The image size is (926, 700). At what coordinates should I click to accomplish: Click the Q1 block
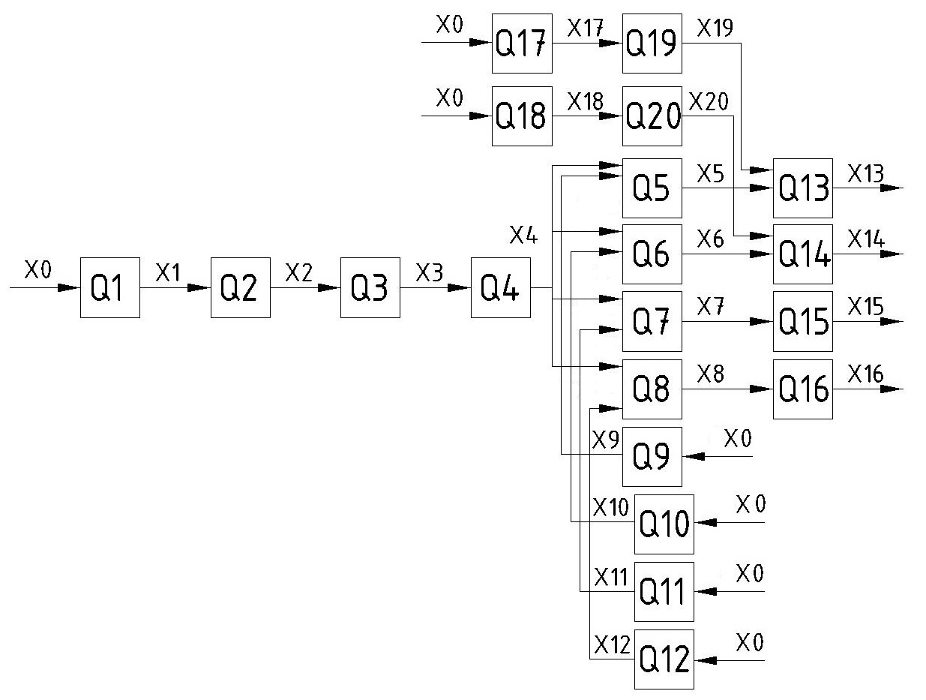coord(109,287)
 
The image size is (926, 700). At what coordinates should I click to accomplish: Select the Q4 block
coord(500,287)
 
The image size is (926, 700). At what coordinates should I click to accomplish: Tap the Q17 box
coord(521,43)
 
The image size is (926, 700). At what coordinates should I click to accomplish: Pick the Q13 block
coord(802,188)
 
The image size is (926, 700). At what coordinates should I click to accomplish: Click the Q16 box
coord(802,389)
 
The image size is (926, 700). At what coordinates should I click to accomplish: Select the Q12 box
coord(664,659)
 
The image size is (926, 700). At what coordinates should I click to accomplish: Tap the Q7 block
coord(652,322)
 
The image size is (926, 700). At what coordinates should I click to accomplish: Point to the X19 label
coord(715,28)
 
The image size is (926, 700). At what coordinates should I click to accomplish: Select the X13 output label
coord(865,174)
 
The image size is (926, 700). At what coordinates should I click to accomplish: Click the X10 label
coord(610,507)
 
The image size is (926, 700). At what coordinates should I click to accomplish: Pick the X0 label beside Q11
coord(749,575)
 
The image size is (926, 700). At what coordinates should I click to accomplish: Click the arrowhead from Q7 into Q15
coord(763,322)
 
